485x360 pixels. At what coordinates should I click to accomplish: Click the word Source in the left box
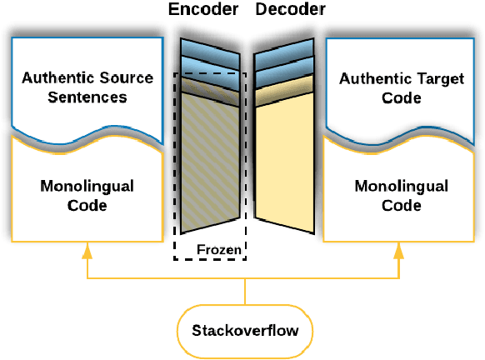(127, 78)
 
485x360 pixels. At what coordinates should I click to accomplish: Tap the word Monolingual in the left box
(87, 186)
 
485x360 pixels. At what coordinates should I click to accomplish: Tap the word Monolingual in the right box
(400, 186)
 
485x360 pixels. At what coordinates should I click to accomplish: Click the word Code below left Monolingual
(87, 205)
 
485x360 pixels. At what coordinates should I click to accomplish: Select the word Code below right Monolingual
(400, 205)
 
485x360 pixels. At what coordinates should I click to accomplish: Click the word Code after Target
(400, 99)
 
